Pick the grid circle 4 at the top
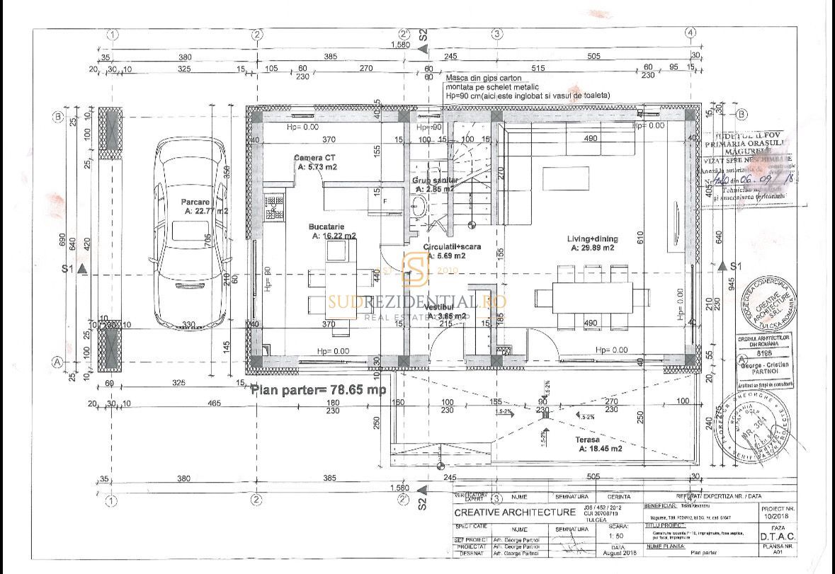coord(690,33)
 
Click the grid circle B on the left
coord(59,117)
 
